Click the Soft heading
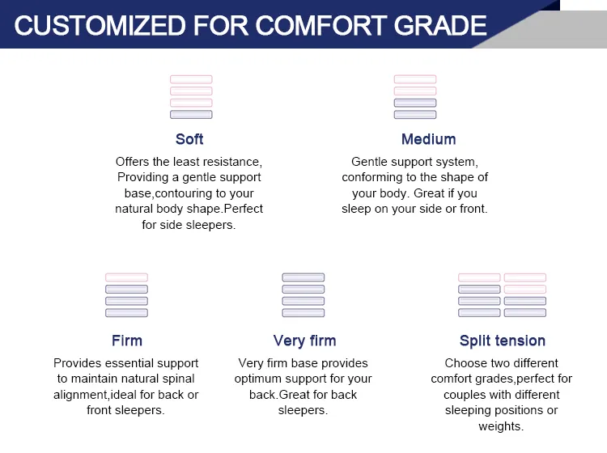pos(189,139)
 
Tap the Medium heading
pos(428,139)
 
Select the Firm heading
pos(127,341)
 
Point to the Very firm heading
pos(304,341)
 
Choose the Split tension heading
pos(502,341)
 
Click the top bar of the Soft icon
pos(191,79)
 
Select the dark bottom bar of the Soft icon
pos(191,115)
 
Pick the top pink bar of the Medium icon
pos(415,79)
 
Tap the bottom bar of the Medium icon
pos(415,115)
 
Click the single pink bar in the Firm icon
pos(126,277)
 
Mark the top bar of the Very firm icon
pos(303,277)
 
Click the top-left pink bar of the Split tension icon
pos(479,277)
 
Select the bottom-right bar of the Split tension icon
pos(525,312)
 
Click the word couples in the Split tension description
pos(464,395)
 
